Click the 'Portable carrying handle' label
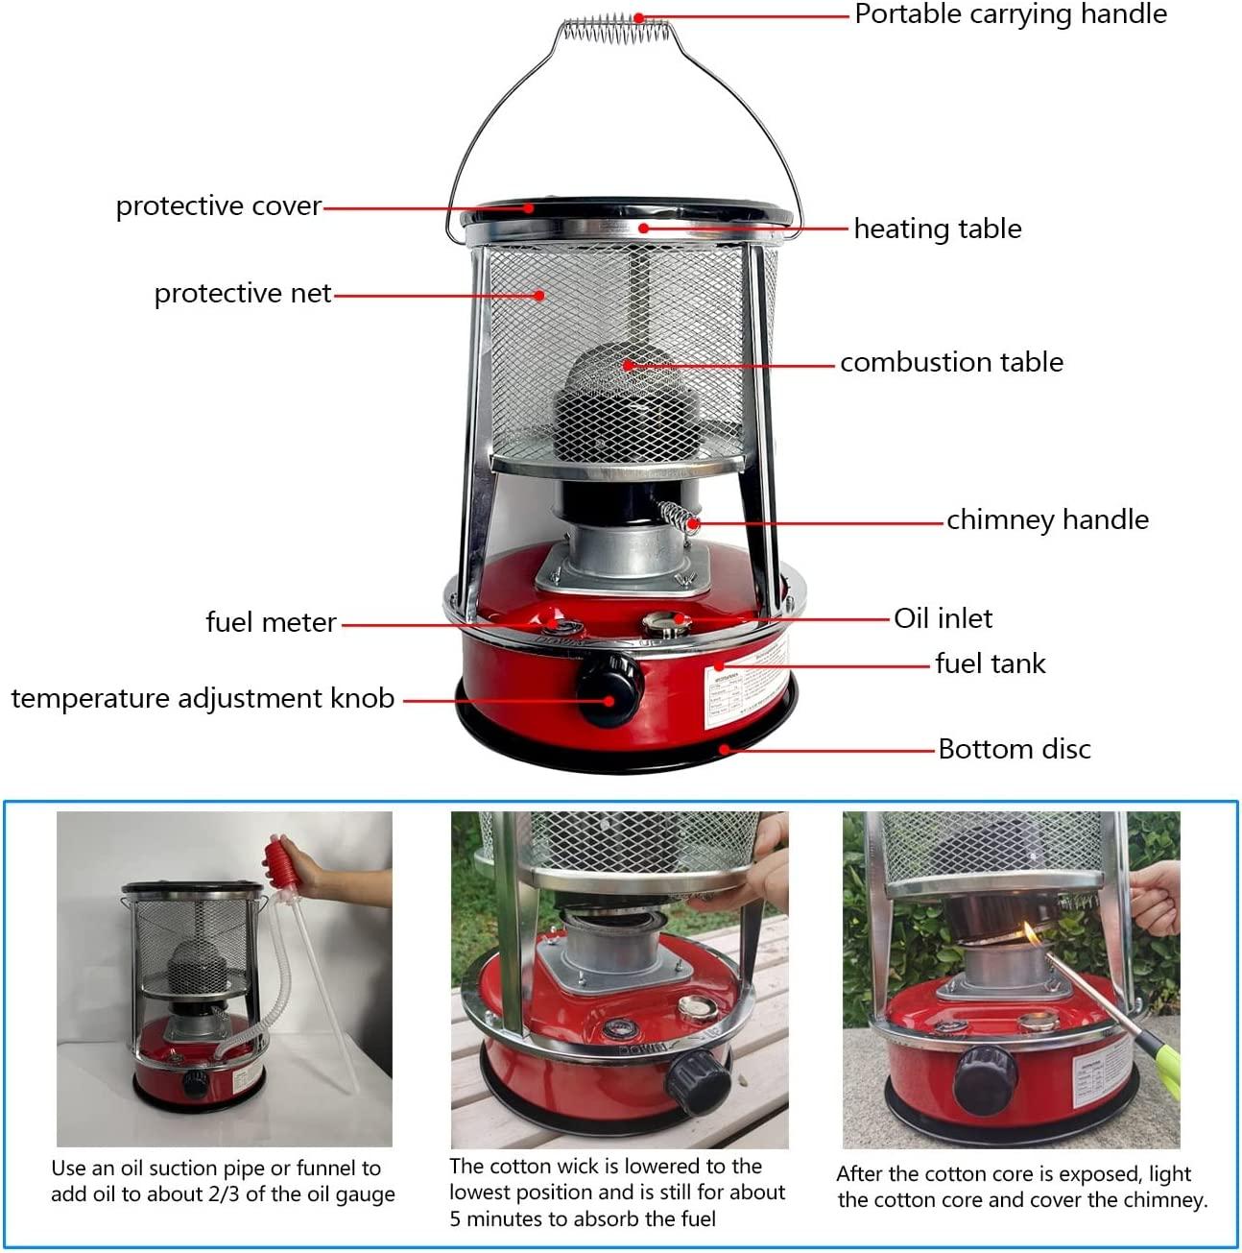coord(1010,14)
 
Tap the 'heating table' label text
coord(937,229)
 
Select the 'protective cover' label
coord(219,206)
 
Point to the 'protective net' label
coord(243,294)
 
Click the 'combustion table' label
coord(951,362)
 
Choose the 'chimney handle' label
coord(1047,520)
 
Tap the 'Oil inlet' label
coord(943,618)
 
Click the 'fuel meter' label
coord(272,622)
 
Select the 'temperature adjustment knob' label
coord(203,699)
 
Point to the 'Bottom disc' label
coord(1015,749)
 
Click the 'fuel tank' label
coord(990,663)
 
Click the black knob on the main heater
coord(608,689)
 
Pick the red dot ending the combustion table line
coord(628,365)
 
